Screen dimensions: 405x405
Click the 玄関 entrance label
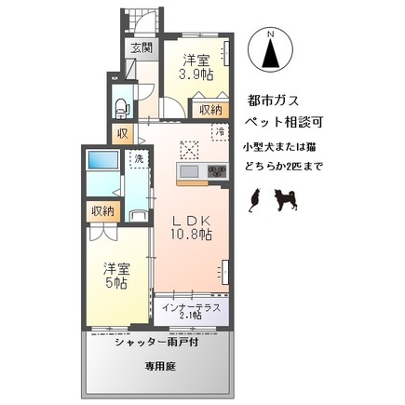click(141, 49)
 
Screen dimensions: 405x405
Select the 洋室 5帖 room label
click(117, 276)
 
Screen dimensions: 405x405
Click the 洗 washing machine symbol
click(137, 160)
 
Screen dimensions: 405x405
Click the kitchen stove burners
click(216, 171)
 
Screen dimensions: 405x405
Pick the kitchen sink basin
click(189, 172)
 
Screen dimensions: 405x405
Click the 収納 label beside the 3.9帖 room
click(210, 110)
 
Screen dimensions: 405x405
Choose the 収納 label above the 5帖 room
click(102, 212)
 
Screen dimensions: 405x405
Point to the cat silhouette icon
click(253, 197)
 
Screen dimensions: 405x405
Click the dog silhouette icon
click(283, 197)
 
